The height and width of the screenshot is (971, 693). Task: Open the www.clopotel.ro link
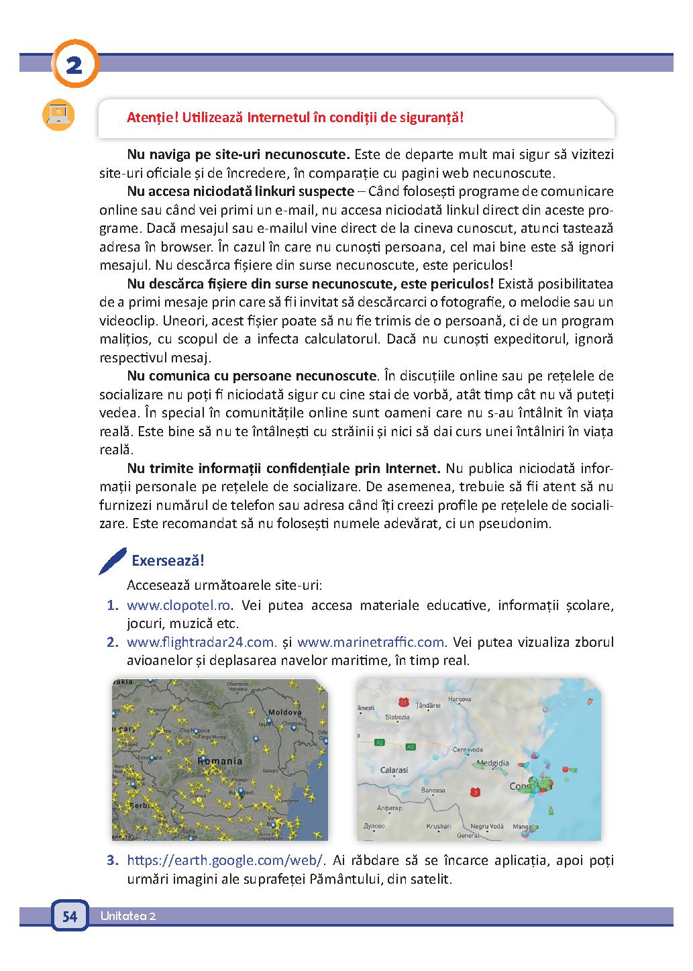pos(179,606)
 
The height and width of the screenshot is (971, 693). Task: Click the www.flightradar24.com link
pos(201,642)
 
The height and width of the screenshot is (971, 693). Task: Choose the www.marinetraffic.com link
pos(371,642)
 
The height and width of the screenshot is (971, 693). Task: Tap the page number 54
pos(70,917)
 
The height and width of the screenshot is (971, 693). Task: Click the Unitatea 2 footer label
pos(128,917)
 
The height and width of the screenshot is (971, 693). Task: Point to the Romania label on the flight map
pos(220,761)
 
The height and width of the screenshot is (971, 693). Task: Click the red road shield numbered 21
pos(403,703)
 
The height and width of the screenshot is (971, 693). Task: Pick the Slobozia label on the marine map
pos(397,717)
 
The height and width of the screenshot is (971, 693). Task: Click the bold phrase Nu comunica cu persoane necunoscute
pos(252,375)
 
